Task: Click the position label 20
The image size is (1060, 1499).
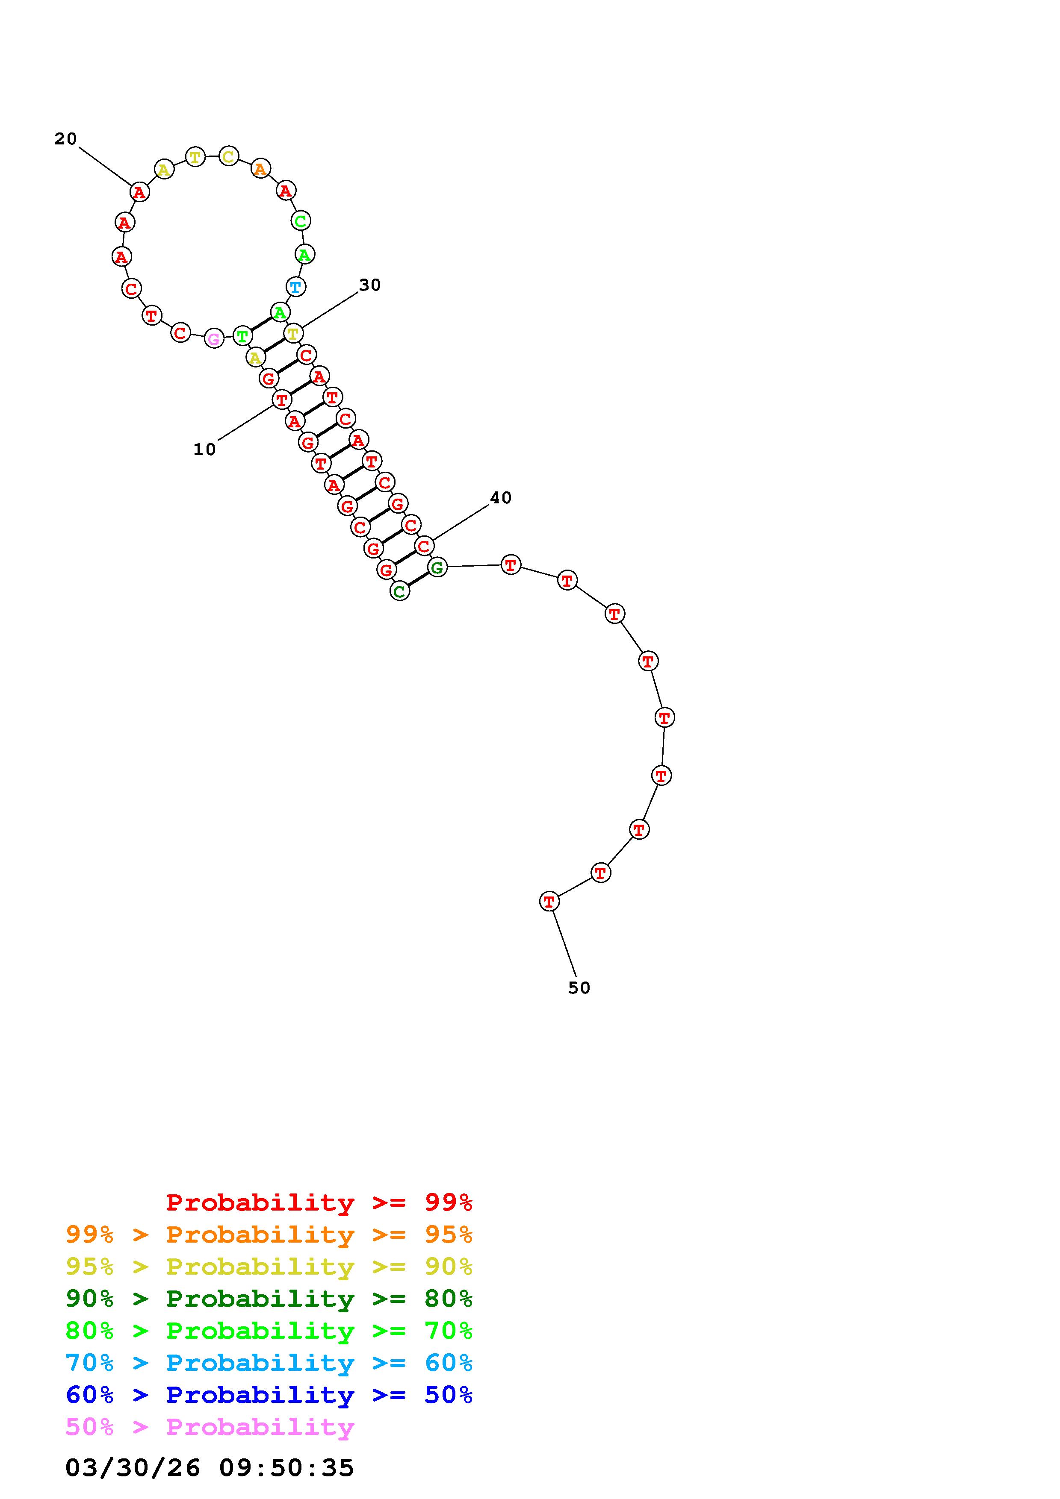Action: coord(65,139)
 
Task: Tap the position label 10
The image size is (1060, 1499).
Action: coord(204,450)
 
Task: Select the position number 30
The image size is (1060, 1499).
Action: coord(370,285)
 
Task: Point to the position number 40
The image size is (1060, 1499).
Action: coord(501,498)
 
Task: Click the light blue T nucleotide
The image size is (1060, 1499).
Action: coord(296,287)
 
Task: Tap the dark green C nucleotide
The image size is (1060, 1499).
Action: coord(400,591)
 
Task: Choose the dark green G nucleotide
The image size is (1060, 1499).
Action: coord(437,567)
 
